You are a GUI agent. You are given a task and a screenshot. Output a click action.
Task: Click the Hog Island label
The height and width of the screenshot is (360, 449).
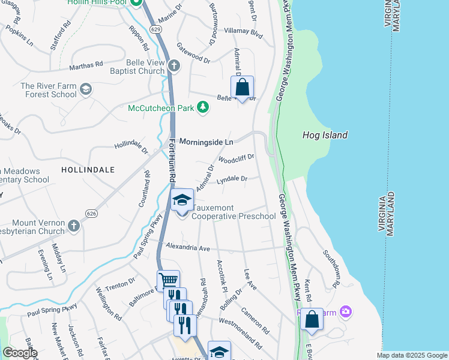click(324, 135)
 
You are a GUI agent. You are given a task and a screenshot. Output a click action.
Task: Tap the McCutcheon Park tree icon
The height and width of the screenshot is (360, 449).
click(203, 107)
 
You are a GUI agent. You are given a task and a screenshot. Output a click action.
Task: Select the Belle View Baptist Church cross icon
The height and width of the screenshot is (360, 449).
click(174, 65)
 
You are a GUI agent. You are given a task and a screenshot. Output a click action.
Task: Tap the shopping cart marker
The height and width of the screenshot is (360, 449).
click(168, 280)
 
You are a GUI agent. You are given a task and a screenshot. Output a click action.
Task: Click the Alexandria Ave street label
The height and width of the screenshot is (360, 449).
click(188, 248)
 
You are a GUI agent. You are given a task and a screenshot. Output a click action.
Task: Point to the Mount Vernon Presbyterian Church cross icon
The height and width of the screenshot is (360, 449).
click(73, 226)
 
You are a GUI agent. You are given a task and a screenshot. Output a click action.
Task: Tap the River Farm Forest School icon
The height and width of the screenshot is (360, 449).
click(86, 89)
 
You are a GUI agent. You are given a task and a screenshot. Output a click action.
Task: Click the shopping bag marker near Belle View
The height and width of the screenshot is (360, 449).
click(243, 88)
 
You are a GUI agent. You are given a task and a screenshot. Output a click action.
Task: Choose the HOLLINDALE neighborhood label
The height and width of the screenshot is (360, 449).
click(88, 170)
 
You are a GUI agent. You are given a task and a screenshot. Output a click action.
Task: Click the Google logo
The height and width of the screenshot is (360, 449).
click(20, 353)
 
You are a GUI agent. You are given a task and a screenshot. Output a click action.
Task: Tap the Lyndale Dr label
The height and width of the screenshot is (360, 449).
click(232, 179)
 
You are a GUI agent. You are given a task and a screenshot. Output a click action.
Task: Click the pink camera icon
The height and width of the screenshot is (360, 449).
click(345, 311)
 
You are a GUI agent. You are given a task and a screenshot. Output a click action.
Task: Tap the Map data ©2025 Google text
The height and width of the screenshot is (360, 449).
click(412, 355)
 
